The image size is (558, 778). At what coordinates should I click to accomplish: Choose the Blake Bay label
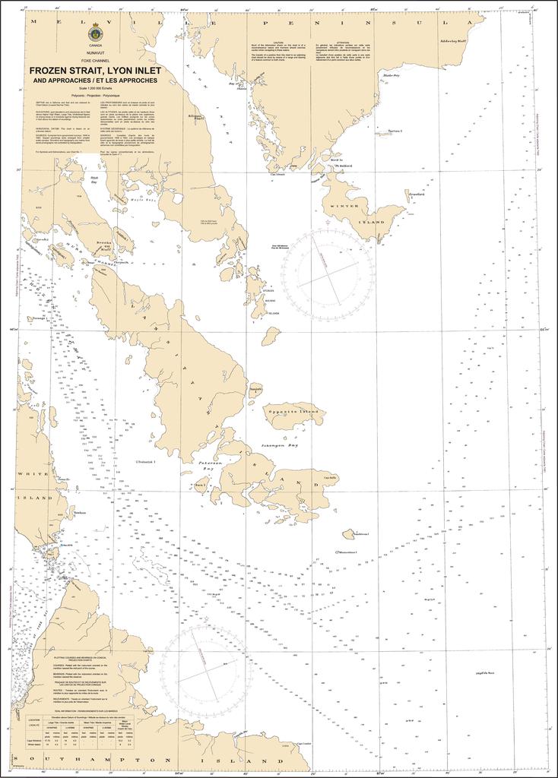click(392, 75)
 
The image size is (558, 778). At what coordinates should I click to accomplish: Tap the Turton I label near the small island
click(394, 131)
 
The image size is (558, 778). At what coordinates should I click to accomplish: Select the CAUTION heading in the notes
click(278, 43)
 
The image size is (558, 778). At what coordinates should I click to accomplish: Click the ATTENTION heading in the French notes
click(343, 43)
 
